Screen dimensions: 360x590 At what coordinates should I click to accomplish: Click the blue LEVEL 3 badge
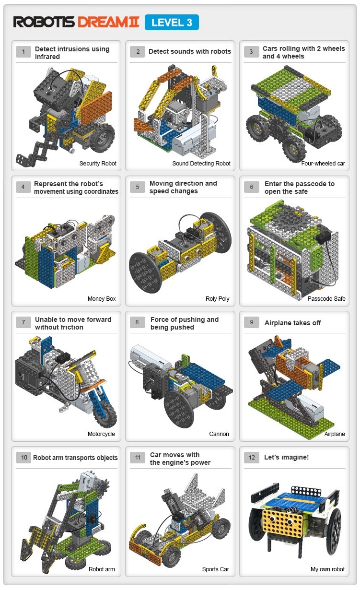click(x=172, y=23)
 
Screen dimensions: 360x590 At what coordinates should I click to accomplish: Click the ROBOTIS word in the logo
click(x=44, y=22)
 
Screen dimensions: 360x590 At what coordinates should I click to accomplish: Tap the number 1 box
click(x=23, y=52)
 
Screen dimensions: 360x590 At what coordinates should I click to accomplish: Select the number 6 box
click(x=252, y=187)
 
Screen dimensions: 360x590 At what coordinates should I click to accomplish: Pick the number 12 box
click(x=252, y=458)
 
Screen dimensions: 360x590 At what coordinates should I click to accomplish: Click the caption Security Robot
click(x=98, y=163)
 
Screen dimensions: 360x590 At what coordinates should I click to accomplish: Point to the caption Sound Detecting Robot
click(x=201, y=163)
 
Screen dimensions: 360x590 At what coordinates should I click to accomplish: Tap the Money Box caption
click(x=102, y=299)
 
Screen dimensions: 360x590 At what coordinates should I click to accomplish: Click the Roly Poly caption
click(x=217, y=299)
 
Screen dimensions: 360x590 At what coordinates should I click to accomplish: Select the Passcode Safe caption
click(x=326, y=299)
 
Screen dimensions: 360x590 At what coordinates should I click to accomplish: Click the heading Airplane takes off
click(x=292, y=323)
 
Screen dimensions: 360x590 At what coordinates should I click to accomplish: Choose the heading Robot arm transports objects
click(x=75, y=458)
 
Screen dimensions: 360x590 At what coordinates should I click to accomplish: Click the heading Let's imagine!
click(x=286, y=457)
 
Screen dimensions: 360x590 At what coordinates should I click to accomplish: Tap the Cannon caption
click(x=219, y=434)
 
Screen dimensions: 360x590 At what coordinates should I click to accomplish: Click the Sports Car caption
click(x=216, y=569)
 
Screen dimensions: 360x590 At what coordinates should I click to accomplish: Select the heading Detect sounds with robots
click(x=190, y=51)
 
